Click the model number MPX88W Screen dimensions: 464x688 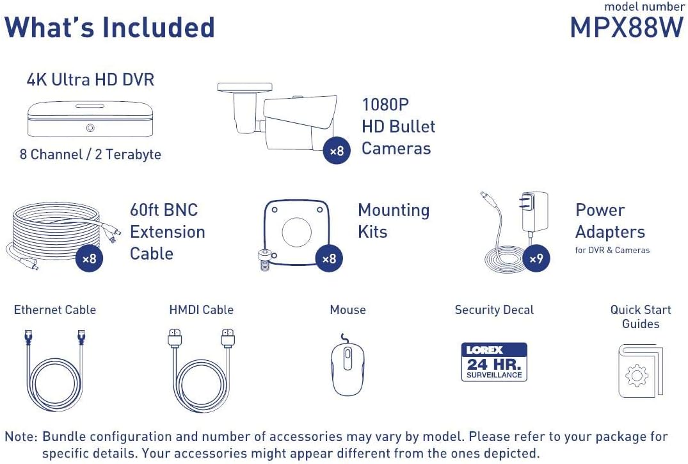627,28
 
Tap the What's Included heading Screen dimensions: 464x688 109,28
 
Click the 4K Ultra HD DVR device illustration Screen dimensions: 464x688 90,119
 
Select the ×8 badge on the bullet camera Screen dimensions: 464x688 337,151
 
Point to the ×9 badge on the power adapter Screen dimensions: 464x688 536,259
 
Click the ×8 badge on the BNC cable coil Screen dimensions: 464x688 90,259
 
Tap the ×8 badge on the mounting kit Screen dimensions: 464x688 329,259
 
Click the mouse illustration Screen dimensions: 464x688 348,365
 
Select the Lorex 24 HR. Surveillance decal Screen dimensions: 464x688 494,362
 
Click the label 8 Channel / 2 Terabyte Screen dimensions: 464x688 90,154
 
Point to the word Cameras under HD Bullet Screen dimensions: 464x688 396,149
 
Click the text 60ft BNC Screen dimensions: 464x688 164,210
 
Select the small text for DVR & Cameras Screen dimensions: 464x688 612,250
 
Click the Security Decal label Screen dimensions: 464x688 494,310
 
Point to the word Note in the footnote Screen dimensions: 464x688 20,437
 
